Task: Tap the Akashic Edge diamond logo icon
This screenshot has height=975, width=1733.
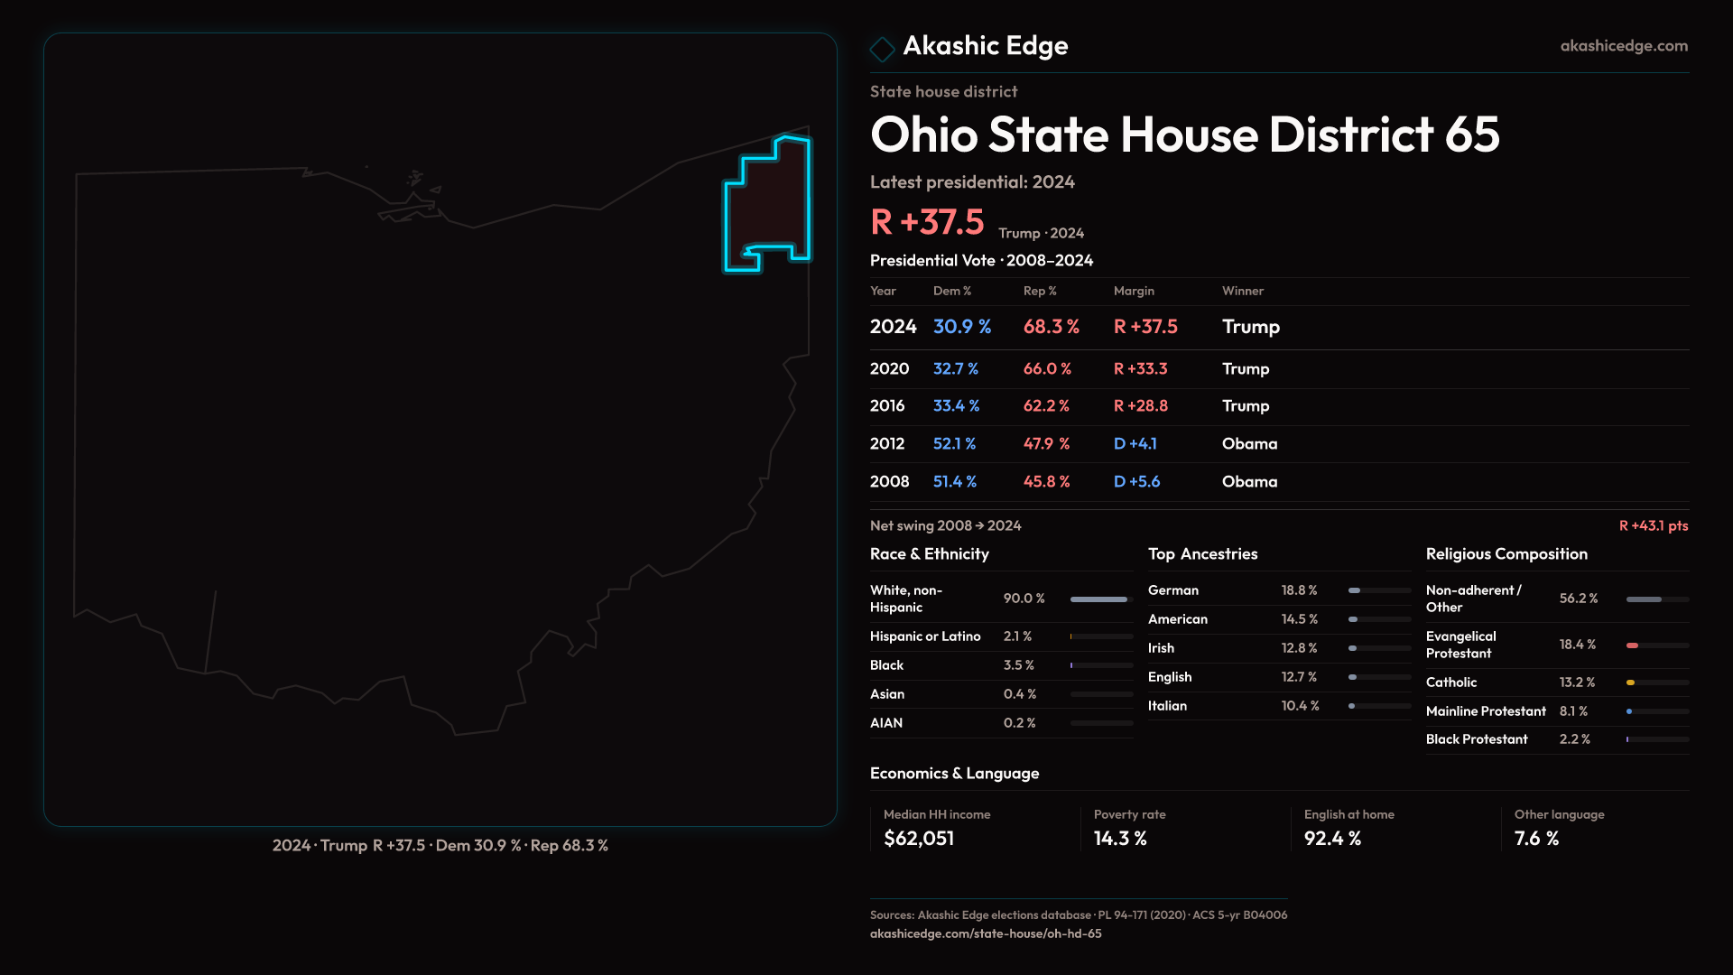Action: point(882,49)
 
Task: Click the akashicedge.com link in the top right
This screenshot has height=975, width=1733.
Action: point(1623,46)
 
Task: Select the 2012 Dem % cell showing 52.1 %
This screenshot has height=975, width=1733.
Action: point(954,444)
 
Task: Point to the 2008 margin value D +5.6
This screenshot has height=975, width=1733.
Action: point(1136,482)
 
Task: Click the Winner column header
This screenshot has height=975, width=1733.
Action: point(1242,291)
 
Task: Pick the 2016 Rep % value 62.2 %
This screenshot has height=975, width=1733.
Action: point(1046,406)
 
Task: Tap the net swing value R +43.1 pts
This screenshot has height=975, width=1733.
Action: point(1653,525)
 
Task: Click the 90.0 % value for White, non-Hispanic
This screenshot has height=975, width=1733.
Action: point(1024,599)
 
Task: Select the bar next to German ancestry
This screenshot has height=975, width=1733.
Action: point(1378,590)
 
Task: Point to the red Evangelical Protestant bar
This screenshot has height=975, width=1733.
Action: point(1632,645)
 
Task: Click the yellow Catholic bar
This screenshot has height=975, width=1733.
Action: point(1630,682)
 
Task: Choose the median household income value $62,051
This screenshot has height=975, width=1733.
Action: point(919,839)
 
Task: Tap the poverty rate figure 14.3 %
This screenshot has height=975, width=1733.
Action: point(1120,839)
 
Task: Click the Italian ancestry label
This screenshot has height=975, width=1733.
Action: point(1167,706)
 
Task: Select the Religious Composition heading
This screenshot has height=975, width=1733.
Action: point(1506,554)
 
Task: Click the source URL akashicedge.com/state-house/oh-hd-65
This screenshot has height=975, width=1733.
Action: point(986,933)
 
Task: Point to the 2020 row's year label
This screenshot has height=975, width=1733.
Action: point(889,369)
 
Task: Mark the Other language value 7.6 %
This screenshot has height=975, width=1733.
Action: point(1536,839)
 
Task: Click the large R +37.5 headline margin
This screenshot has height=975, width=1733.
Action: point(927,222)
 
